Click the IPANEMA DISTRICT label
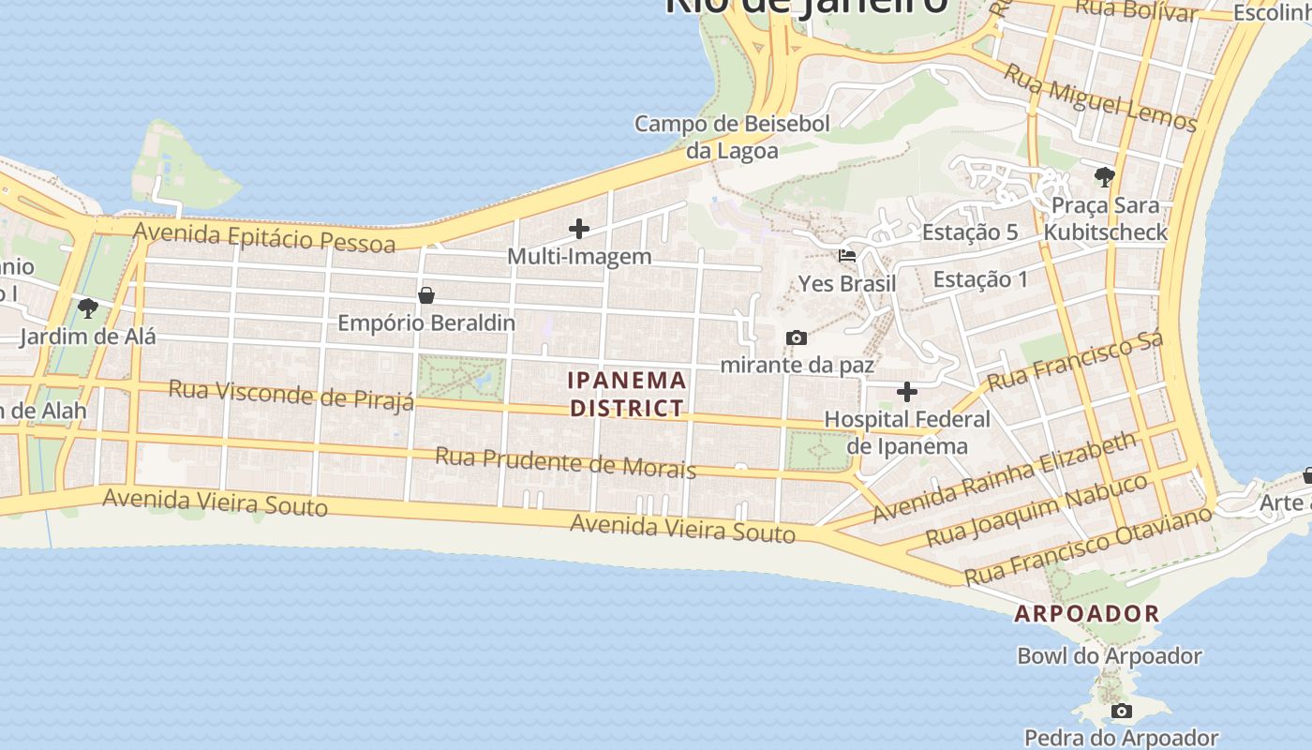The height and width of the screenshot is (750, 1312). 628,394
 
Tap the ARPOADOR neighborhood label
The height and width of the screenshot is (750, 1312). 1087,614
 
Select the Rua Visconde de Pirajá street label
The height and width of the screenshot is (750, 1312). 291,395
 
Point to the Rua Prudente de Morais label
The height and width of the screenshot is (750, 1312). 565,462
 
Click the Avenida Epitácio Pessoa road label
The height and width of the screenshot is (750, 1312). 263,236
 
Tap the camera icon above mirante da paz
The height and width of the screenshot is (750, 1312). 797,337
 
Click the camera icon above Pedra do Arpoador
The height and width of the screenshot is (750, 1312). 1122,711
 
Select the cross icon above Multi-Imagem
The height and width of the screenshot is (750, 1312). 579,228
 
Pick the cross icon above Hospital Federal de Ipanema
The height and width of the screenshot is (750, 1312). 907,391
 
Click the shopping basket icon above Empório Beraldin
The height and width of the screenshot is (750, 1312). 426,295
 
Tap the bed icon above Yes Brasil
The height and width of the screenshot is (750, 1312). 847,255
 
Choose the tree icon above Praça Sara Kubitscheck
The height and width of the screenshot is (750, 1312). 1105,176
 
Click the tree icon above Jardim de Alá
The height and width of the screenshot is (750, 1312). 88,307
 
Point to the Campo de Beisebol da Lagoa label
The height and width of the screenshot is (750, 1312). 733,137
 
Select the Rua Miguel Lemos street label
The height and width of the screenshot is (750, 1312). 1100,97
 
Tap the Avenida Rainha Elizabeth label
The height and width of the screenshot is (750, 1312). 1005,477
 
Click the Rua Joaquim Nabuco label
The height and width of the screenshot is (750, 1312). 1036,510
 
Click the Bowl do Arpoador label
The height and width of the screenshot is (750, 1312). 1110,656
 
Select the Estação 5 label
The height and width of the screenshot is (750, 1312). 970,232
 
